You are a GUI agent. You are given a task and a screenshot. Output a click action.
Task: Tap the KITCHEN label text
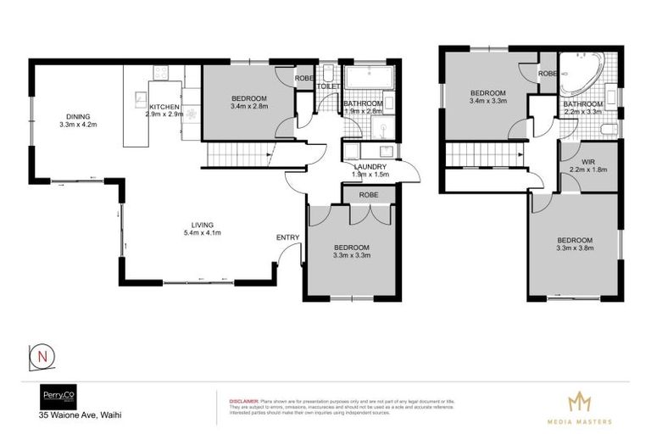164,107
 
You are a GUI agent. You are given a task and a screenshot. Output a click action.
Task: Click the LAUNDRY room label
371,167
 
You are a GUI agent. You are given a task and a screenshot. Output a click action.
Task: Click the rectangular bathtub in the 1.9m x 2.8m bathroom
364,78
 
